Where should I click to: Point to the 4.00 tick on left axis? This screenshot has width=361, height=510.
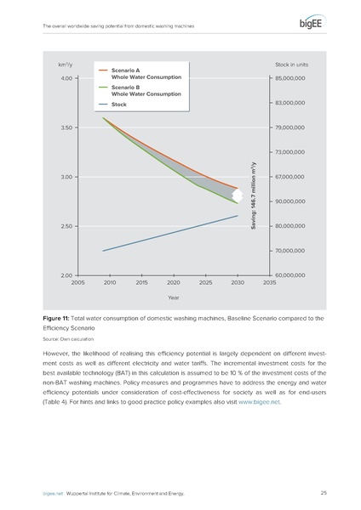click(x=66, y=79)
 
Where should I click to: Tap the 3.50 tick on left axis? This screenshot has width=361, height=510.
click(x=66, y=128)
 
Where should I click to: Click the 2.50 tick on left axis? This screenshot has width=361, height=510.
click(x=66, y=227)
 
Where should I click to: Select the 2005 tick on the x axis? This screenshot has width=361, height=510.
click(x=77, y=282)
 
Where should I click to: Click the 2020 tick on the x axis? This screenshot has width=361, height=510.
click(x=173, y=282)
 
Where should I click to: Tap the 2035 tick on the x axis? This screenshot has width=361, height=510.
click(x=269, y=282)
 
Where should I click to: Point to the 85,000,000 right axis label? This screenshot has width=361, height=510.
click(x=290, y=79)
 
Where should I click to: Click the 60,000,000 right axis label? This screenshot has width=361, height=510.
click(x=290, y=275)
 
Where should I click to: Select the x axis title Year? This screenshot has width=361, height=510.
click(x=173, y=297)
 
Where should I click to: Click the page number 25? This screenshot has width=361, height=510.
click(x=324, y=493)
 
